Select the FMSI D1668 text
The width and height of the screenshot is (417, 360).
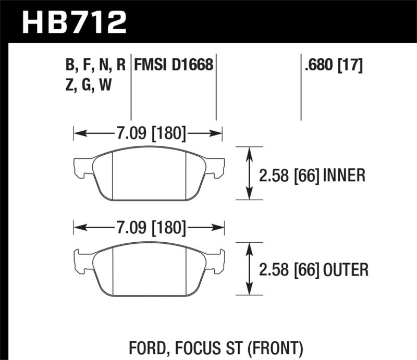pyautogui.click(x=174, y=65)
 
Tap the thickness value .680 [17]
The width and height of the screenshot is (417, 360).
pyautogui.click(x=332, y=65)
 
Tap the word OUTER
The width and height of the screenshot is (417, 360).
pyautogui.click(x=346, y=269)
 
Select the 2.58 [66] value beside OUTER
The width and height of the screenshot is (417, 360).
pyautogui.click(x=289, y=269)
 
